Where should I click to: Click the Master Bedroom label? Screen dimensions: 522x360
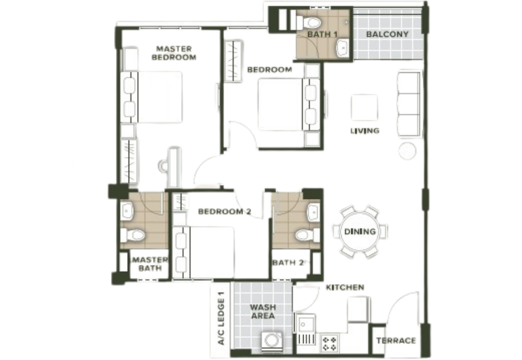[x=174, y=53]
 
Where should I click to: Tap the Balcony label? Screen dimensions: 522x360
[x=387, y=35]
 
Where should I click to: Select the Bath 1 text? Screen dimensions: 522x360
[x=322, y=35]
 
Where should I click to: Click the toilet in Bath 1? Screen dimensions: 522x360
[x=308, y=23]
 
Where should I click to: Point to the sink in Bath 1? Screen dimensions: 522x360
[x=342, y=48]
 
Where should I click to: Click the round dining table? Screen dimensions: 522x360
[x=360, y=232]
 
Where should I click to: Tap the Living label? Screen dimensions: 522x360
[x=365, y=130]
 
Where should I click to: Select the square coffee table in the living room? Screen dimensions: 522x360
[x=365, y=107]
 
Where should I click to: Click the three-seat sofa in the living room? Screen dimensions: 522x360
[x=409, y=104]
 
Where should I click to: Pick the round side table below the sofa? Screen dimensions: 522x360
[x=407, y=151]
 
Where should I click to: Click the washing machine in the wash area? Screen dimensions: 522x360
[x=271, y=342]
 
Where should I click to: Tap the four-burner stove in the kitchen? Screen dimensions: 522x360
[x=330, y=344]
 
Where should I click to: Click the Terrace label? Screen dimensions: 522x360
[x=396, y=340]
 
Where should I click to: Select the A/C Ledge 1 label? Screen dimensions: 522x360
[x=221, y=318]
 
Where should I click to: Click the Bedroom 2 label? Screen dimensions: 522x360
[x=224, y=211]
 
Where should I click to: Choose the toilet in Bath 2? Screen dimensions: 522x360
[x=307, y=235]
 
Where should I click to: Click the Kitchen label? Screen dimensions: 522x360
[x=345, y=288]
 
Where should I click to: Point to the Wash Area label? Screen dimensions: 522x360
[x=263, y=312]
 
